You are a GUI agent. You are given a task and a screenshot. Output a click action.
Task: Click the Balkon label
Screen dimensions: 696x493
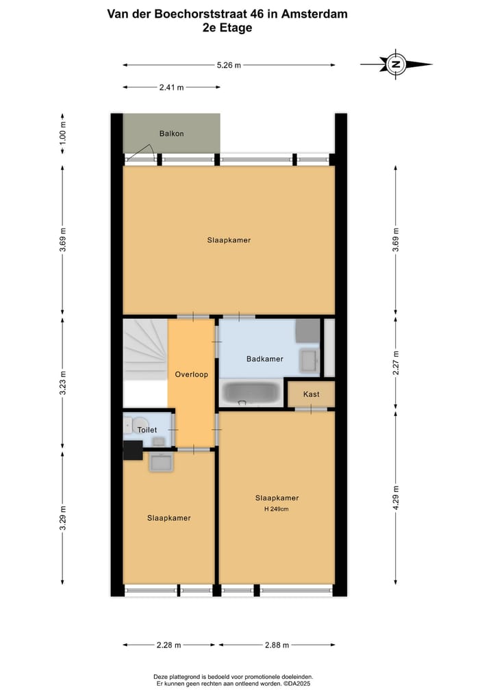click(x=172, y=133)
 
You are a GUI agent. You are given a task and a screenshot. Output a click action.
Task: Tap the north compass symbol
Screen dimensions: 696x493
click(x=396, y=64)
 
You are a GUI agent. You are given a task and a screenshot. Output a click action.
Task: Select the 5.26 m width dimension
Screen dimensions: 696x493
click(x=229, y=65)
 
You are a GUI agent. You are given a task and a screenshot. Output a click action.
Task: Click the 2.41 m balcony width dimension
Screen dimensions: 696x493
click(x=171, y=88)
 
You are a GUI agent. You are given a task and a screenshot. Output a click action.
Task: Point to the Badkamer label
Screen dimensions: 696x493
click(x=265, y=359)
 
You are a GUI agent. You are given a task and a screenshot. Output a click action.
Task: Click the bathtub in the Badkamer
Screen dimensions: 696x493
click(x=251, y=394)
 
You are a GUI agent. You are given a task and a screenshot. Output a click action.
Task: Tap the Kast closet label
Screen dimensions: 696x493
click(x=312, y=395)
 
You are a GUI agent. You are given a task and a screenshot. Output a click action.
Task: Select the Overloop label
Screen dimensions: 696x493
click(x=191, y=374)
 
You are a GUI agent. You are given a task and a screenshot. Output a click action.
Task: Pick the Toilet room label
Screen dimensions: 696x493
click(x=147, y=430)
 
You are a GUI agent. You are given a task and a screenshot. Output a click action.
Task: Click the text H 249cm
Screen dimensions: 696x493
click(x=277, y=509)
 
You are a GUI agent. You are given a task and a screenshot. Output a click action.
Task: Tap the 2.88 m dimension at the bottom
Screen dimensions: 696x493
click(x=277, y=645)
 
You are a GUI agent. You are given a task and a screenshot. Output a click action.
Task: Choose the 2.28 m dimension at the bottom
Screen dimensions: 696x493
click(x=168, y=645)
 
